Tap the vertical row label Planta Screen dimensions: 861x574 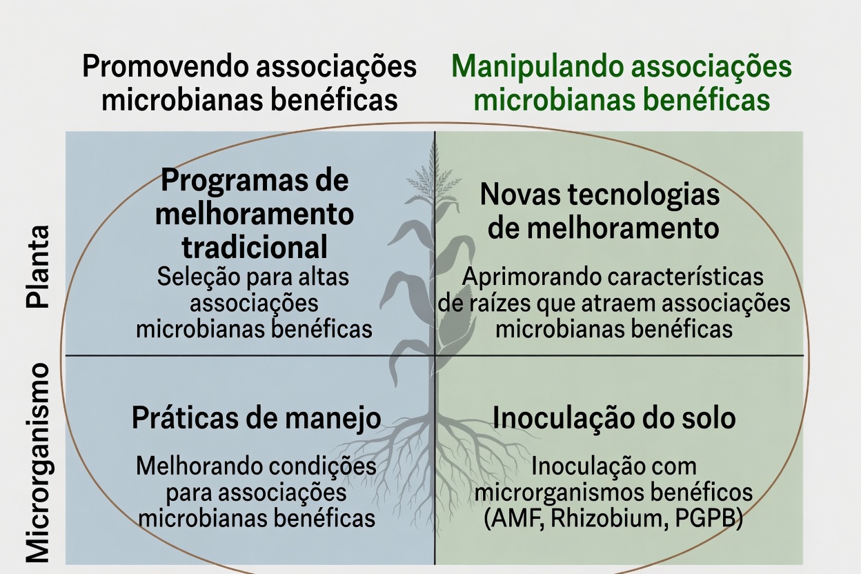pos(38,267)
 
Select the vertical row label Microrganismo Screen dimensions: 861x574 pos(38,464)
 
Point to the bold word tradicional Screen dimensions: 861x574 pos(255,248)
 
